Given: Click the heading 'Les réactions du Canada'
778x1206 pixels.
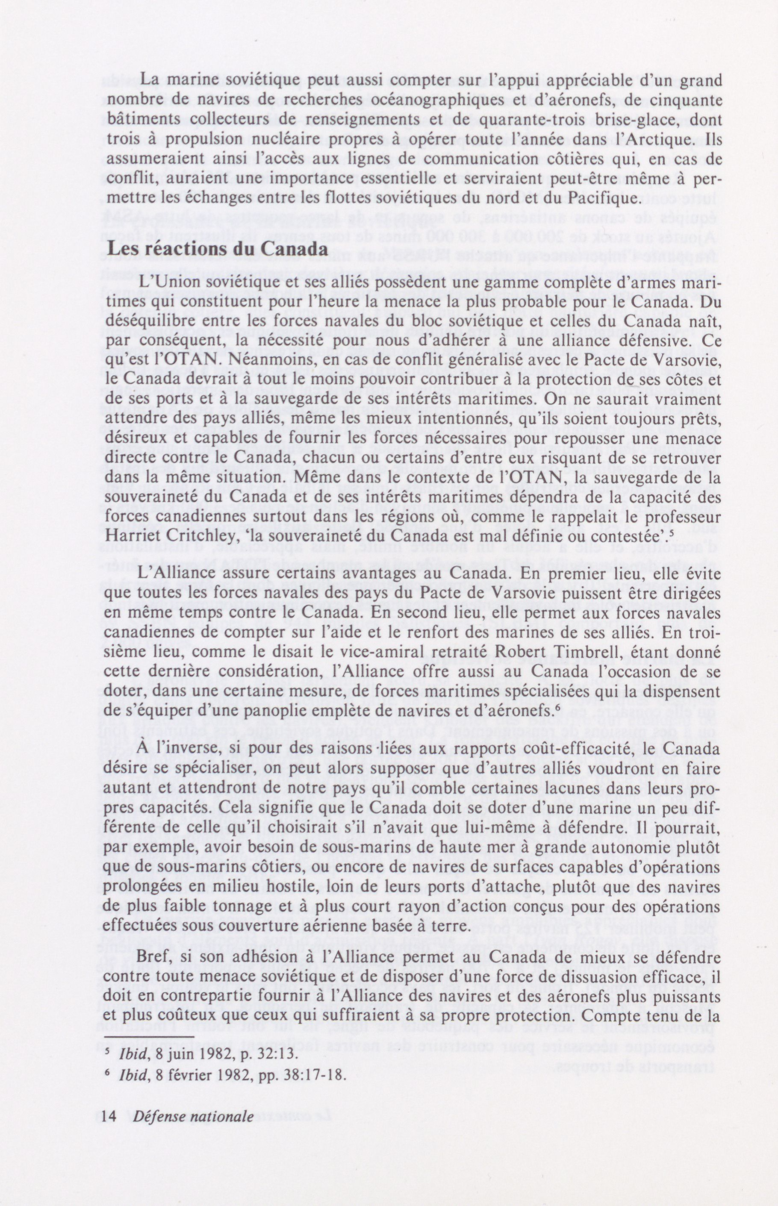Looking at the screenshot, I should (218, 250).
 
